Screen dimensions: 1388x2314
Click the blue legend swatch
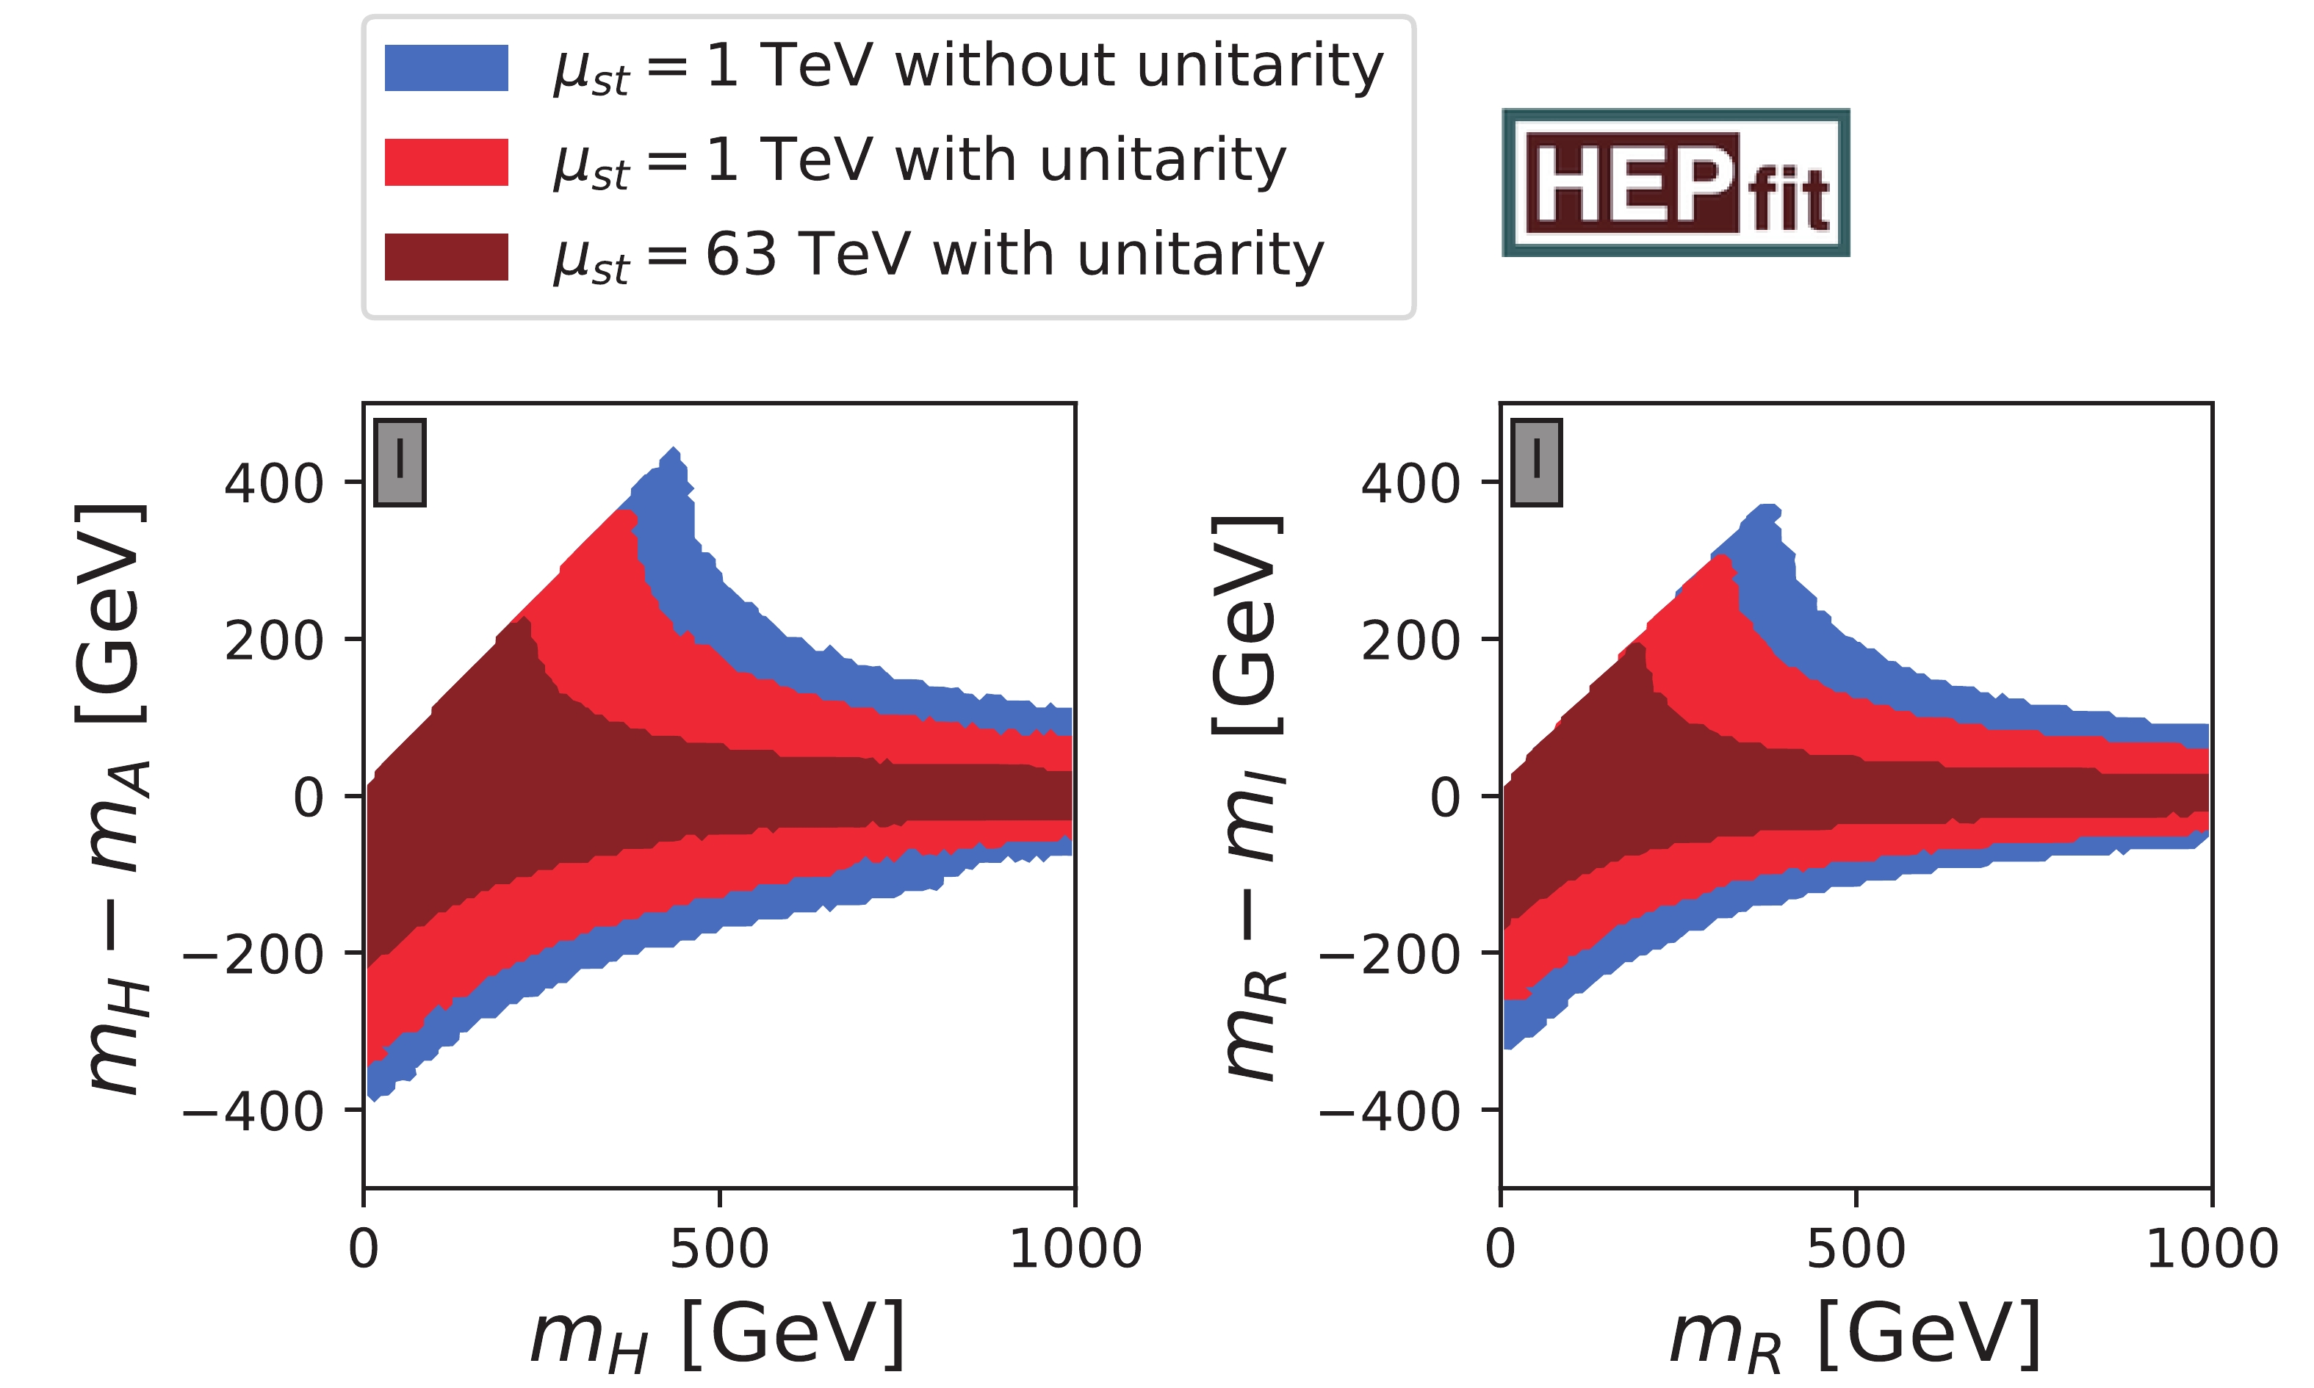point(446,68)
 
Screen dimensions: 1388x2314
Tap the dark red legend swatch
point(446,256)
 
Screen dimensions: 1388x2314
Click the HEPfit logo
point(1675,182)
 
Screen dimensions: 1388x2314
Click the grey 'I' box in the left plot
point(400,462)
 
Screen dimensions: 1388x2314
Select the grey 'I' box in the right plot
point(1537,462)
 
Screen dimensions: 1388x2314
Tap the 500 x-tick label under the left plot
point(719,1250)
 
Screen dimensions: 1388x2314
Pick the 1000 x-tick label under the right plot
point(2211,1250)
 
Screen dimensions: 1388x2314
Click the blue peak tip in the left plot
point(674,452)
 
